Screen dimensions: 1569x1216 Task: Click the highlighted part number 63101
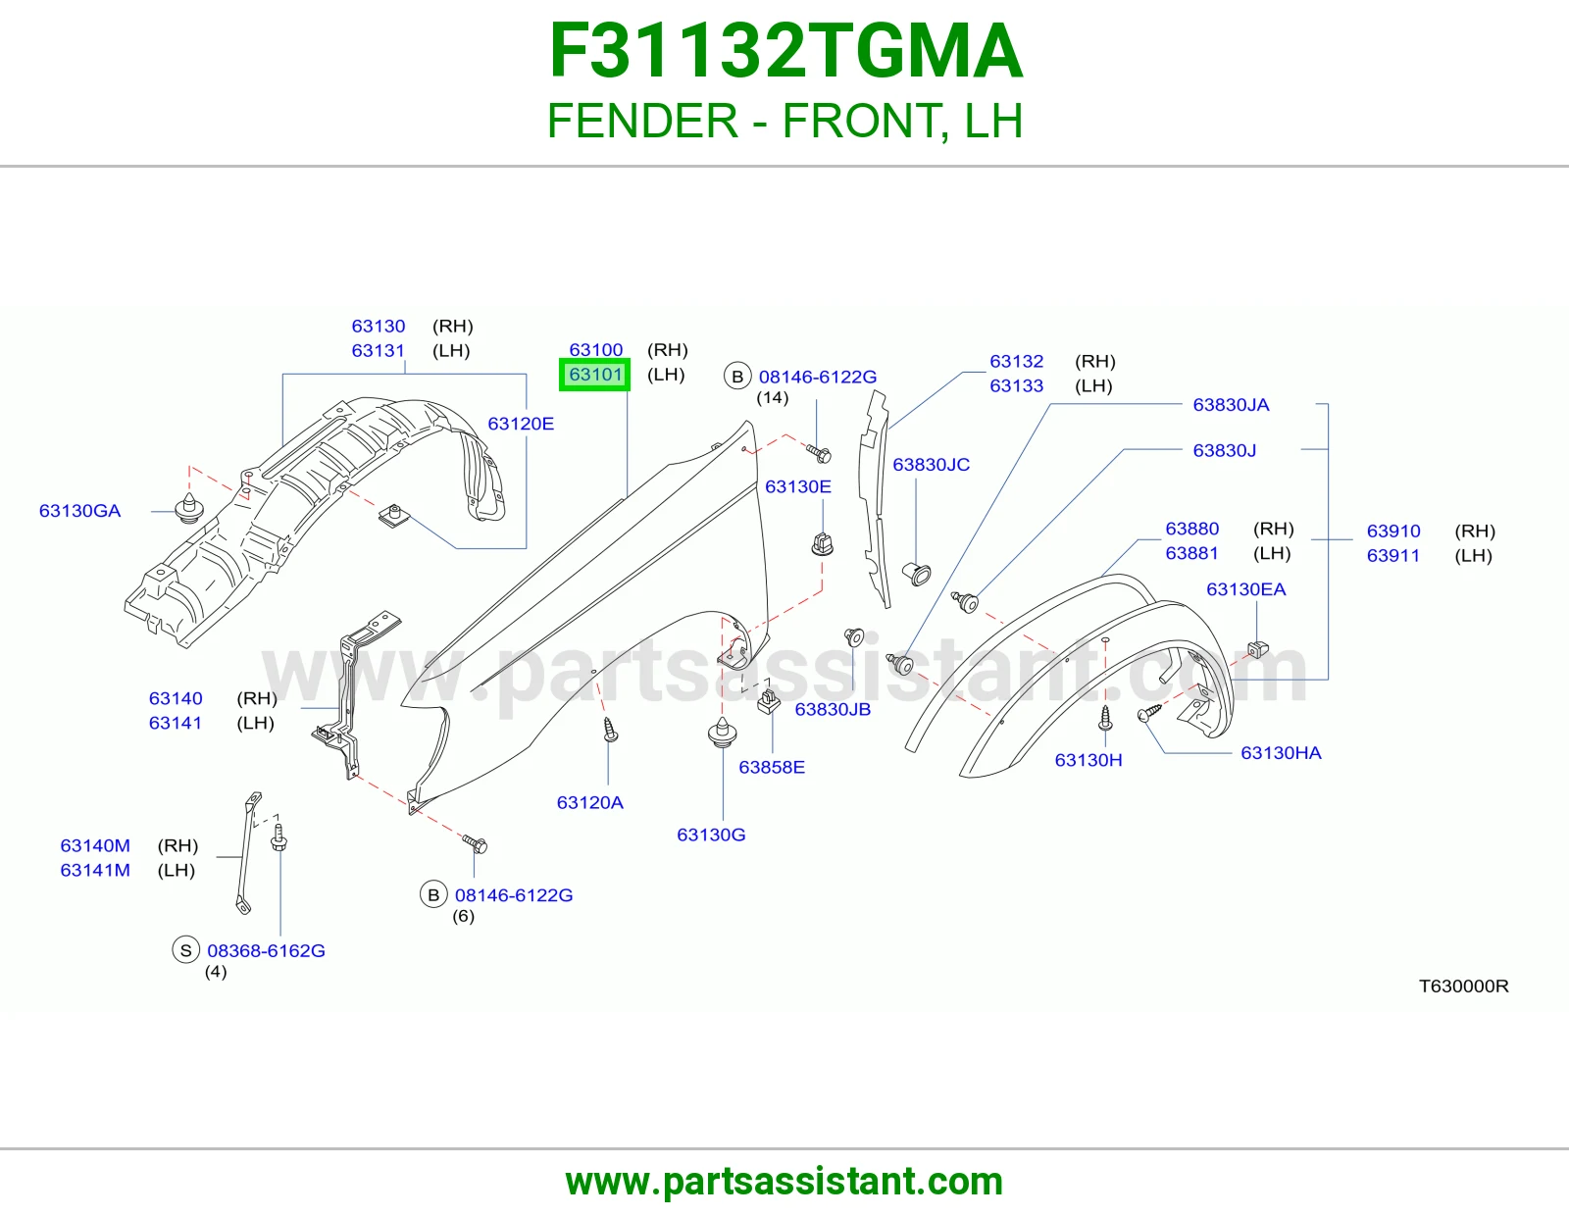pyautogui.click(x=595, y=374)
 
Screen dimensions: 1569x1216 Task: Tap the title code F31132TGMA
pyautogui.click(x=784, y=51)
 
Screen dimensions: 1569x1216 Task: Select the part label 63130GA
pyautogui.click(x=80, y=511)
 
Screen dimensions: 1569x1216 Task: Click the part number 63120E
pyautogui.click(x=521, y=423)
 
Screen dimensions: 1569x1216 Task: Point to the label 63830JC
pyautogui.click(x=931, y=464)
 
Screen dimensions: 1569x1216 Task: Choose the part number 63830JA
pyautogui.click(x=1231, y=404)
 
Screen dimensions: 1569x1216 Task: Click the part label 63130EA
pyautogui.click(x=1245, y=589)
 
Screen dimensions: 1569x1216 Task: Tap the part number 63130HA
pyautogui.click(x=1280, y=753)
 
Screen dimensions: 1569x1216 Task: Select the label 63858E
pyautogui.click(x=771, y=767)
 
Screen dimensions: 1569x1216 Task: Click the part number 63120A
pyautogui.click(x=589, y=802)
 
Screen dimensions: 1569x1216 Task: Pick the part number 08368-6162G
pyautogui.click(x=266, y=950)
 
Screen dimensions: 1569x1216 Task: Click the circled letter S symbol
pyautogui.click(x=185, y=950)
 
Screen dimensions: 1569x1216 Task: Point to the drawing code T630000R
pyautogui.click(x=1463, y=986)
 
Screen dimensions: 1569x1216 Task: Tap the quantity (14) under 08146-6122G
pyautogui.click(x=772, y=397)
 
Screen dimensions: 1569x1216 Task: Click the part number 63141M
pyautogui.click(x=94, y=870)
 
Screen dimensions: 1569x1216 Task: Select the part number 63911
pyautogui.click(x=1392, y=555)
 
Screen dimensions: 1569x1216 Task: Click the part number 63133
pyautogui.click(x=1016, y=385)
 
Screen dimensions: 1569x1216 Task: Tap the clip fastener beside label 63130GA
pyautogui.click(x=189, y=508)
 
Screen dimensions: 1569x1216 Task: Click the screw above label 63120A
pyautogui.click(x=610, y=730)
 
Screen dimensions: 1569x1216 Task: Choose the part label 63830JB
pyautogui.click(x=833, y=709)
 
